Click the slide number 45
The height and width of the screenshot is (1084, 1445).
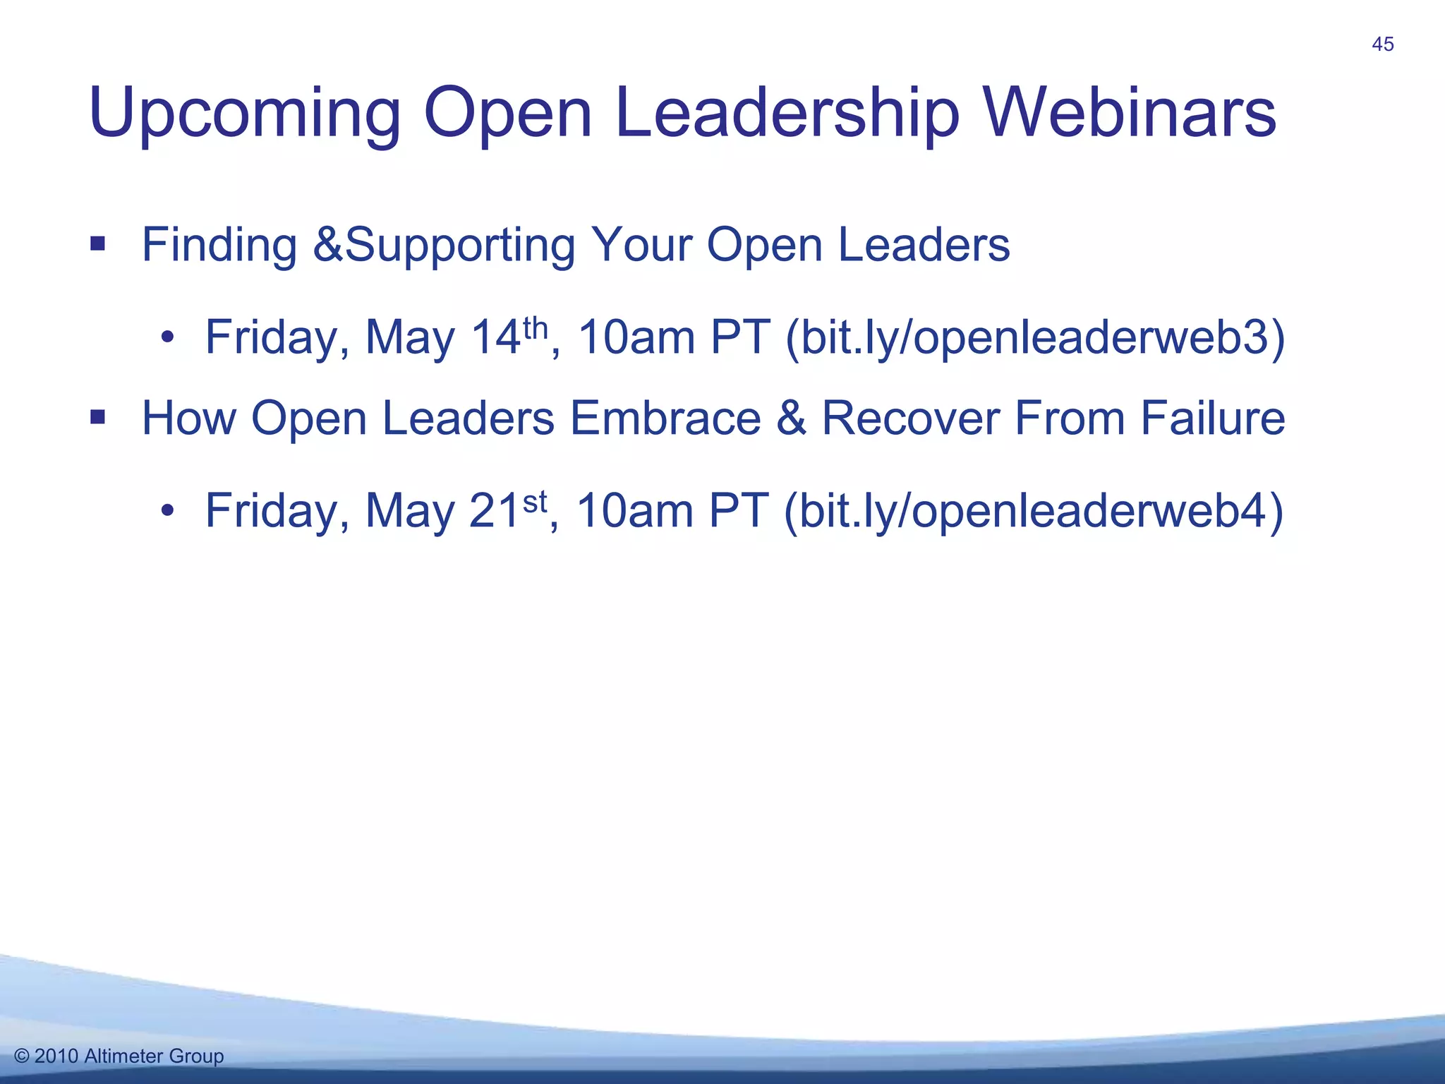(x=1382, y=44)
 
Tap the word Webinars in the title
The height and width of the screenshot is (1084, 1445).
(x=1130, y=113)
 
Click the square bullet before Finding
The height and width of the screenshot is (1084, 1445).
(x=97, y=245)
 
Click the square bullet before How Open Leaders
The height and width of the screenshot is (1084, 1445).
(x=97, y=418)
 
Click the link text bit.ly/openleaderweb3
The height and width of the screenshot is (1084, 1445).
(x=1035, y=338)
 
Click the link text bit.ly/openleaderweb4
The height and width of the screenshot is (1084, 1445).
(x=1034, y=511)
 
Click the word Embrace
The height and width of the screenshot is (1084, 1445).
(x=665, y=418)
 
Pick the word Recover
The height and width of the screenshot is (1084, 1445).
(x=909, y=418)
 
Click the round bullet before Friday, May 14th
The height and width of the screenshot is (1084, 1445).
(x=167, y=338)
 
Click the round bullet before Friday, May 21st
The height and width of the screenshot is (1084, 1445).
(x=167, y=511)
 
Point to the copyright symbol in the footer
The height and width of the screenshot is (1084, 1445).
(x=21, y=1056)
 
